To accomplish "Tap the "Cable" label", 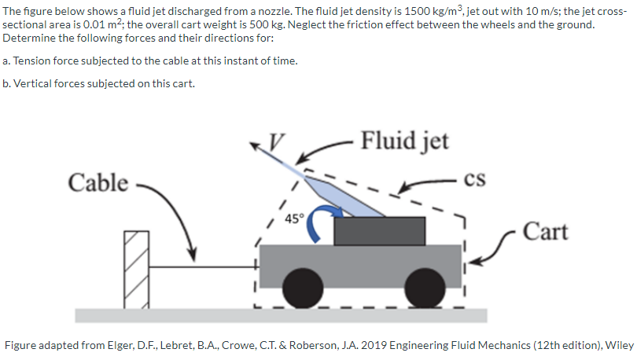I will pos(98,182).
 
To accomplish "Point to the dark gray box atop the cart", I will pos(380,230).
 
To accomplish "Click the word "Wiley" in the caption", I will pos(617,346).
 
